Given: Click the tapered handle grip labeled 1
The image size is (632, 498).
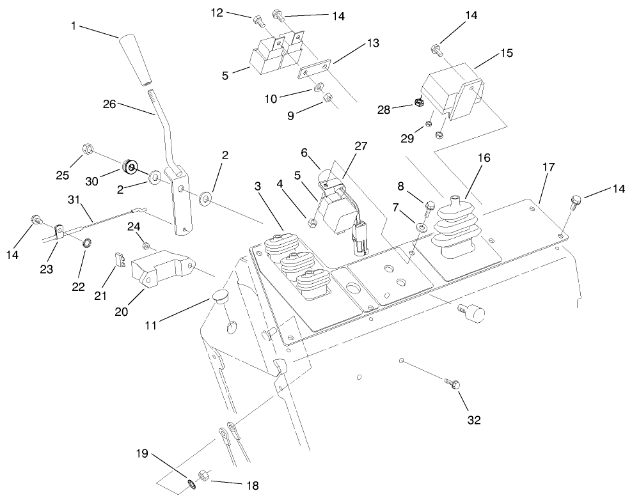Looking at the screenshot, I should point(137,61).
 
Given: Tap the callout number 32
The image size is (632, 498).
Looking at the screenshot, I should point(473,420).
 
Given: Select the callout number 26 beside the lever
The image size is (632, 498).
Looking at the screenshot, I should point(109,104).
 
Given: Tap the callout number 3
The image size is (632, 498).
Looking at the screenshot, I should point(257,186).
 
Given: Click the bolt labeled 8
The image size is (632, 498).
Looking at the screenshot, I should point(430,205).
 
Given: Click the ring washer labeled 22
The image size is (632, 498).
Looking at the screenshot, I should point(85,242).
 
